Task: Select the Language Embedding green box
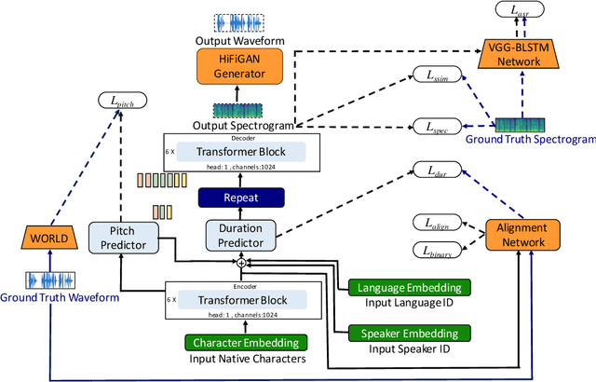click(410, 288)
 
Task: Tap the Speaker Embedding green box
click(410, 333)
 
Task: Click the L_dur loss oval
click(438, 170)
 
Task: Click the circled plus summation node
click(241, 263)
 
